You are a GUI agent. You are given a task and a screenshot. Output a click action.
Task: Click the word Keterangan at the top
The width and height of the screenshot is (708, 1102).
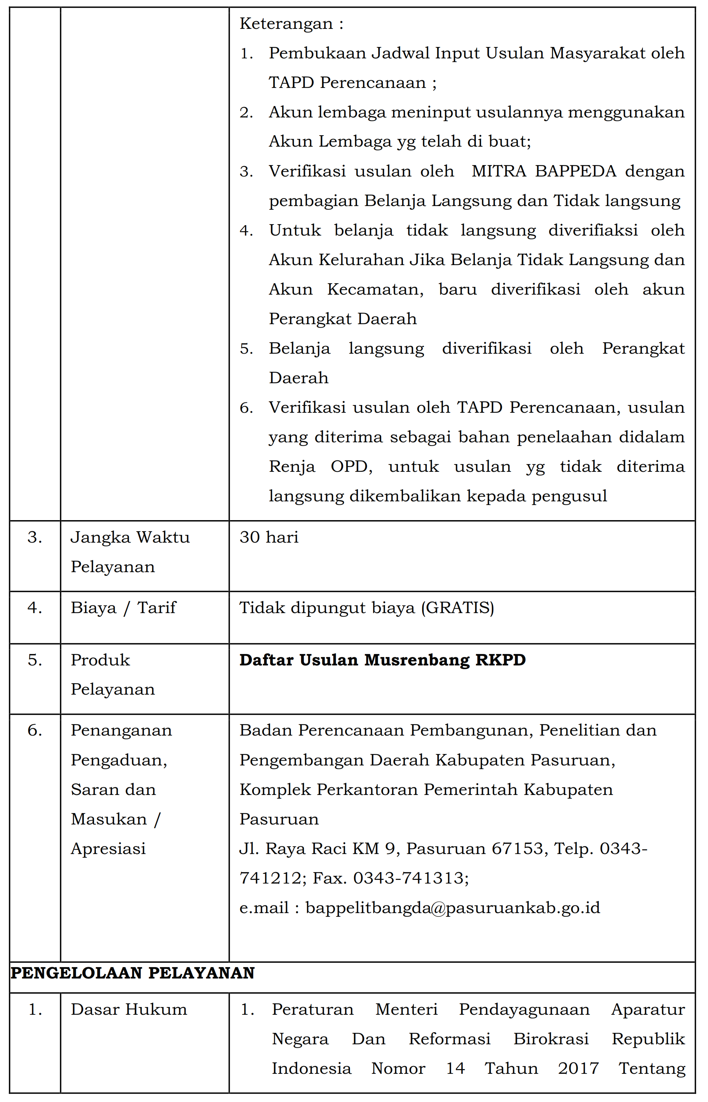(286, 24)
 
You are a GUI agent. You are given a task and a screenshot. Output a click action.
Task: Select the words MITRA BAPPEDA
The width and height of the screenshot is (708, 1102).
(543, 171)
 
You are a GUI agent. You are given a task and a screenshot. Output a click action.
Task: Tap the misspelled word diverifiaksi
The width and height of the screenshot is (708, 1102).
(593, 230)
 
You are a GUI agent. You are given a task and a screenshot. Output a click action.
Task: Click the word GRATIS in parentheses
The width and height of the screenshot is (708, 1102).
(458, 608)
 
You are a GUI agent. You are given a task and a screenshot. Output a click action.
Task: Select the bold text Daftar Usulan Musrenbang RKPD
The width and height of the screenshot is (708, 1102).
(383, 660)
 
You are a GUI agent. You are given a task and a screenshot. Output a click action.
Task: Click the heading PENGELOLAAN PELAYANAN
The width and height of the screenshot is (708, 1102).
(132, 973)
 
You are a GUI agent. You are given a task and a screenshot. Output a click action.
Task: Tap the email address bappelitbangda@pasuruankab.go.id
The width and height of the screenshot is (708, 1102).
(453, 907)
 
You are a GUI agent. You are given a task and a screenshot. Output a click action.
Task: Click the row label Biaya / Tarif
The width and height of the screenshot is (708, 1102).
(123, 608)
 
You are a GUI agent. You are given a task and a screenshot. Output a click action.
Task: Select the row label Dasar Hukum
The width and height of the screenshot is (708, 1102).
(129, 1010)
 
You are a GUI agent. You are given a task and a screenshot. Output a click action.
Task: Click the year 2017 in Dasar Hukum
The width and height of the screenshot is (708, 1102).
(578, 1068)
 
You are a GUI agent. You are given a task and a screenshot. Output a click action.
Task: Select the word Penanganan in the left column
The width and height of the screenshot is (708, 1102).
(121, 731)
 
